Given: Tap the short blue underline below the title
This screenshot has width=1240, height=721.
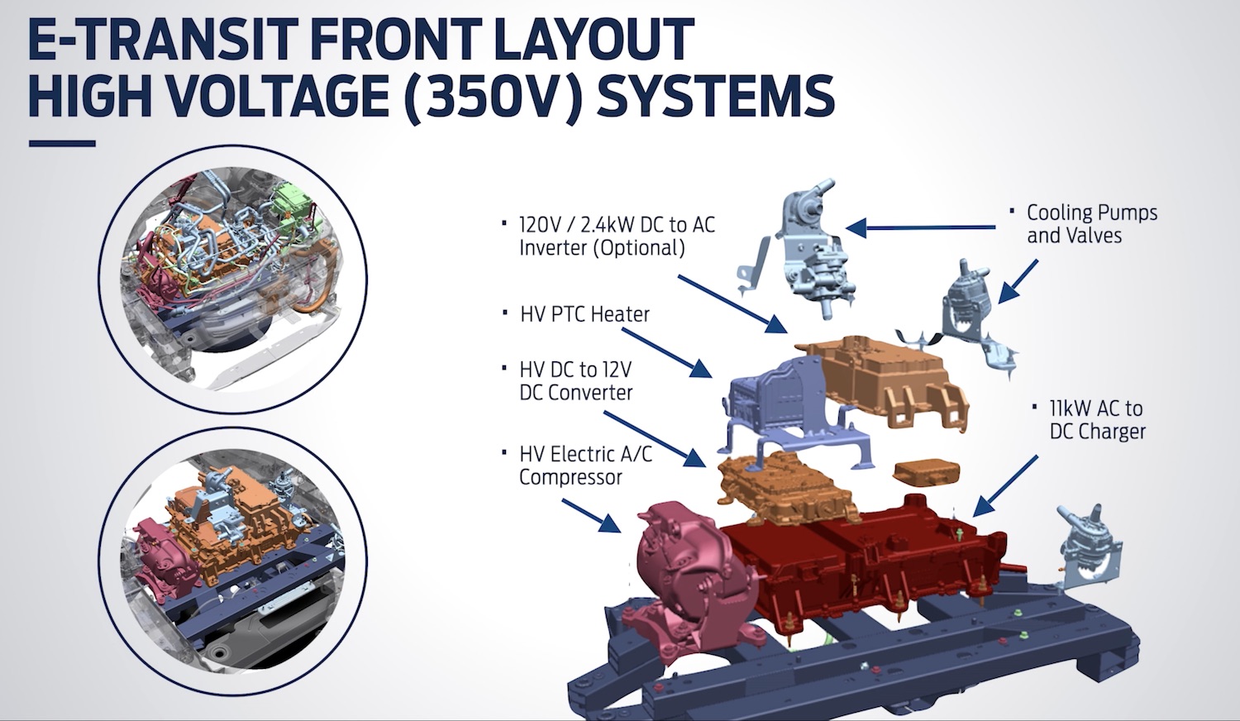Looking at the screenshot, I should click(62, 144).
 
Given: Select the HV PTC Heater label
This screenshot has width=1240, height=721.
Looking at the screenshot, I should click(584, 314).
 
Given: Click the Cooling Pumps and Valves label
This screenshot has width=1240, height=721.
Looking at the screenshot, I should click(1091, 224).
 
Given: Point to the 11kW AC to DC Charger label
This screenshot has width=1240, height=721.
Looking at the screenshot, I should click(1097, 420).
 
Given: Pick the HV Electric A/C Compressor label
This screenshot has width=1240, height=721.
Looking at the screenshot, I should click(584, 466).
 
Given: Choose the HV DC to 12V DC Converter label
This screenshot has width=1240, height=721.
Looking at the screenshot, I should click(576, 381).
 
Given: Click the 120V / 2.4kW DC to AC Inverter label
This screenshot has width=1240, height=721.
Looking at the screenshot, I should click(616, 236).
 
